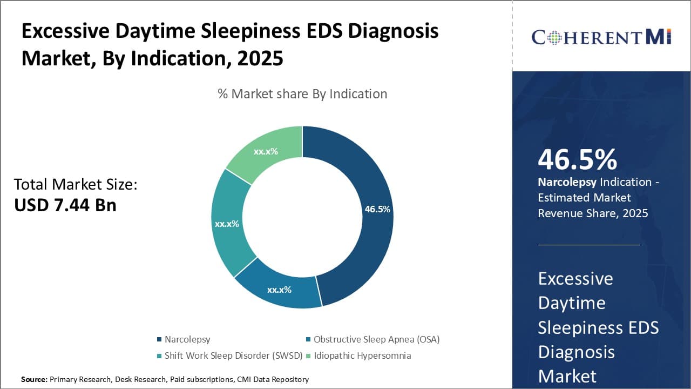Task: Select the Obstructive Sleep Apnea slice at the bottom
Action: [279, 289]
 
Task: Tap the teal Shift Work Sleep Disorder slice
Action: [227, 223]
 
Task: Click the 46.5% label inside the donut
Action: [377, 209]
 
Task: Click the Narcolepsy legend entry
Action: [187, 339]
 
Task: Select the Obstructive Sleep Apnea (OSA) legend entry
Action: [376, 339]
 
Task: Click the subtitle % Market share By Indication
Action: [302, 94]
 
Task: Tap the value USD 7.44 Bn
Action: [65, 205]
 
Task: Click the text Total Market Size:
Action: [76, 185]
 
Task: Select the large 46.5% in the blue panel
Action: [578, 160]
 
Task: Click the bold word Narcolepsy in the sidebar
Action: [567, 182]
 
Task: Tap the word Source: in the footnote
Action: [34, 380]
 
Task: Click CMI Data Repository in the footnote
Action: [273, 380]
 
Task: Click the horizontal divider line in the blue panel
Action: [588, 245]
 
